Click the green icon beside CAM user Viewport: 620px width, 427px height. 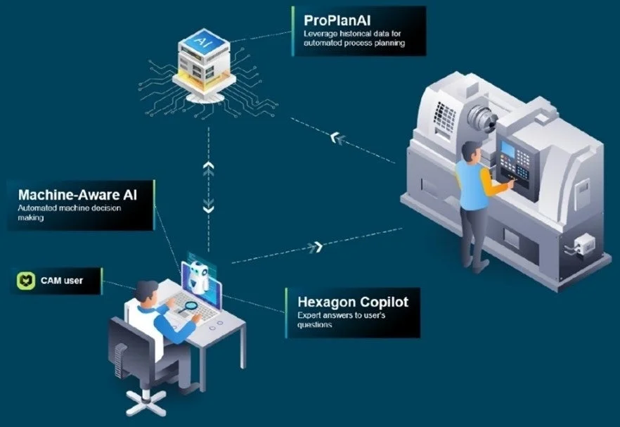click(x=25, y=281)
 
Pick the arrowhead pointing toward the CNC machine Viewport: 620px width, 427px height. click(x=317, y=246)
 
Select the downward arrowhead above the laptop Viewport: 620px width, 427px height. click(x=208, y=208)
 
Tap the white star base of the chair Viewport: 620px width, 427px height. click(x=146, y=402)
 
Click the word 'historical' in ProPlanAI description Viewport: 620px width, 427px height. click(x=352, y=34)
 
